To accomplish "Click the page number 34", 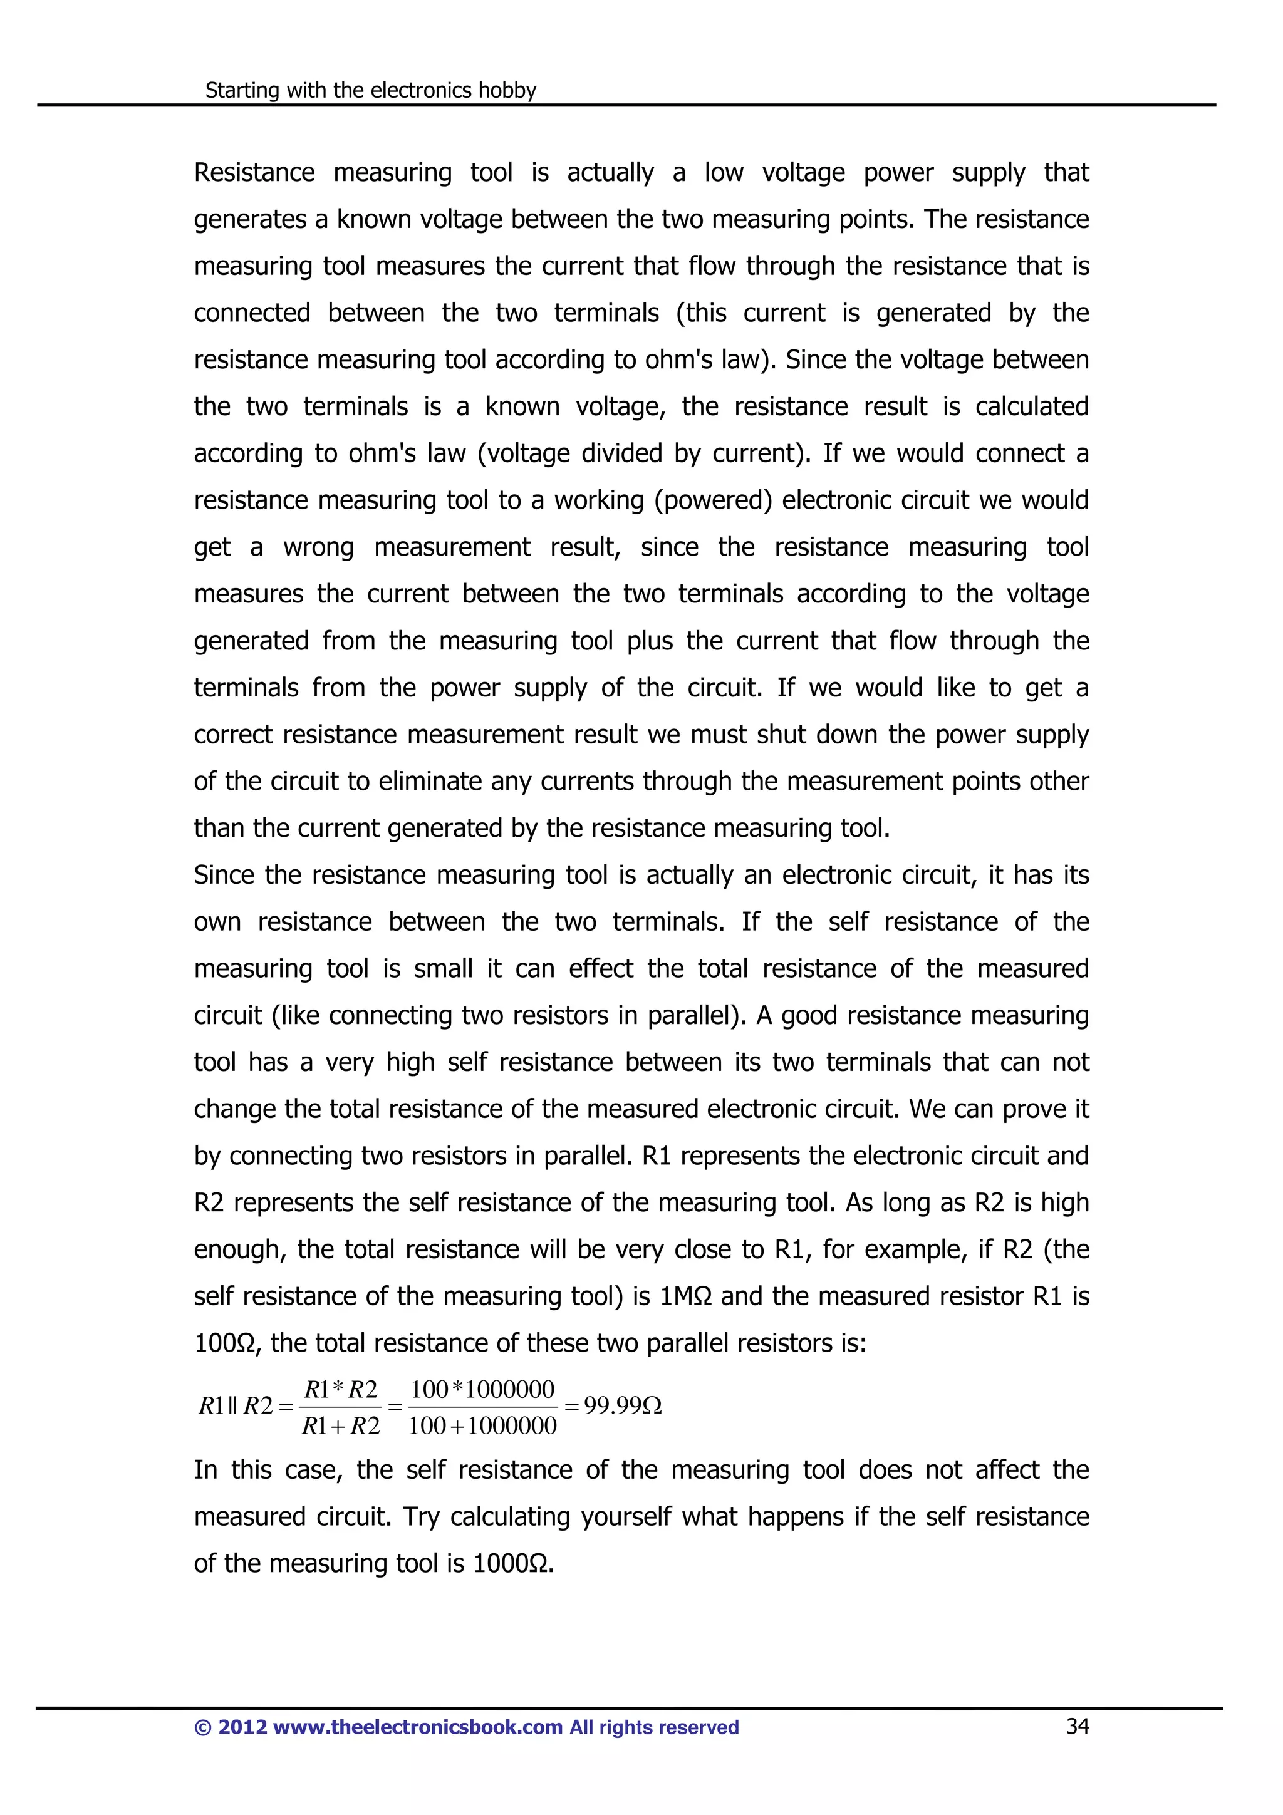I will pos(1077,1727).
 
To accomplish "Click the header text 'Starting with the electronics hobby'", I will pos(370,90).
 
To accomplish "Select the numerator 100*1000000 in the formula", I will pos(482,1389).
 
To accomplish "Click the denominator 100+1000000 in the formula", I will pos(482,1425).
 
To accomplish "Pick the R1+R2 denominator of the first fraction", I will pos(341,1425).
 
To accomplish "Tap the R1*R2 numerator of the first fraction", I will pos(341,1389).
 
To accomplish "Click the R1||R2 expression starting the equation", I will pos(236,1405).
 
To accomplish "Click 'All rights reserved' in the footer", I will pos(654,1727).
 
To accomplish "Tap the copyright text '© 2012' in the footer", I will pos(229,1727).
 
